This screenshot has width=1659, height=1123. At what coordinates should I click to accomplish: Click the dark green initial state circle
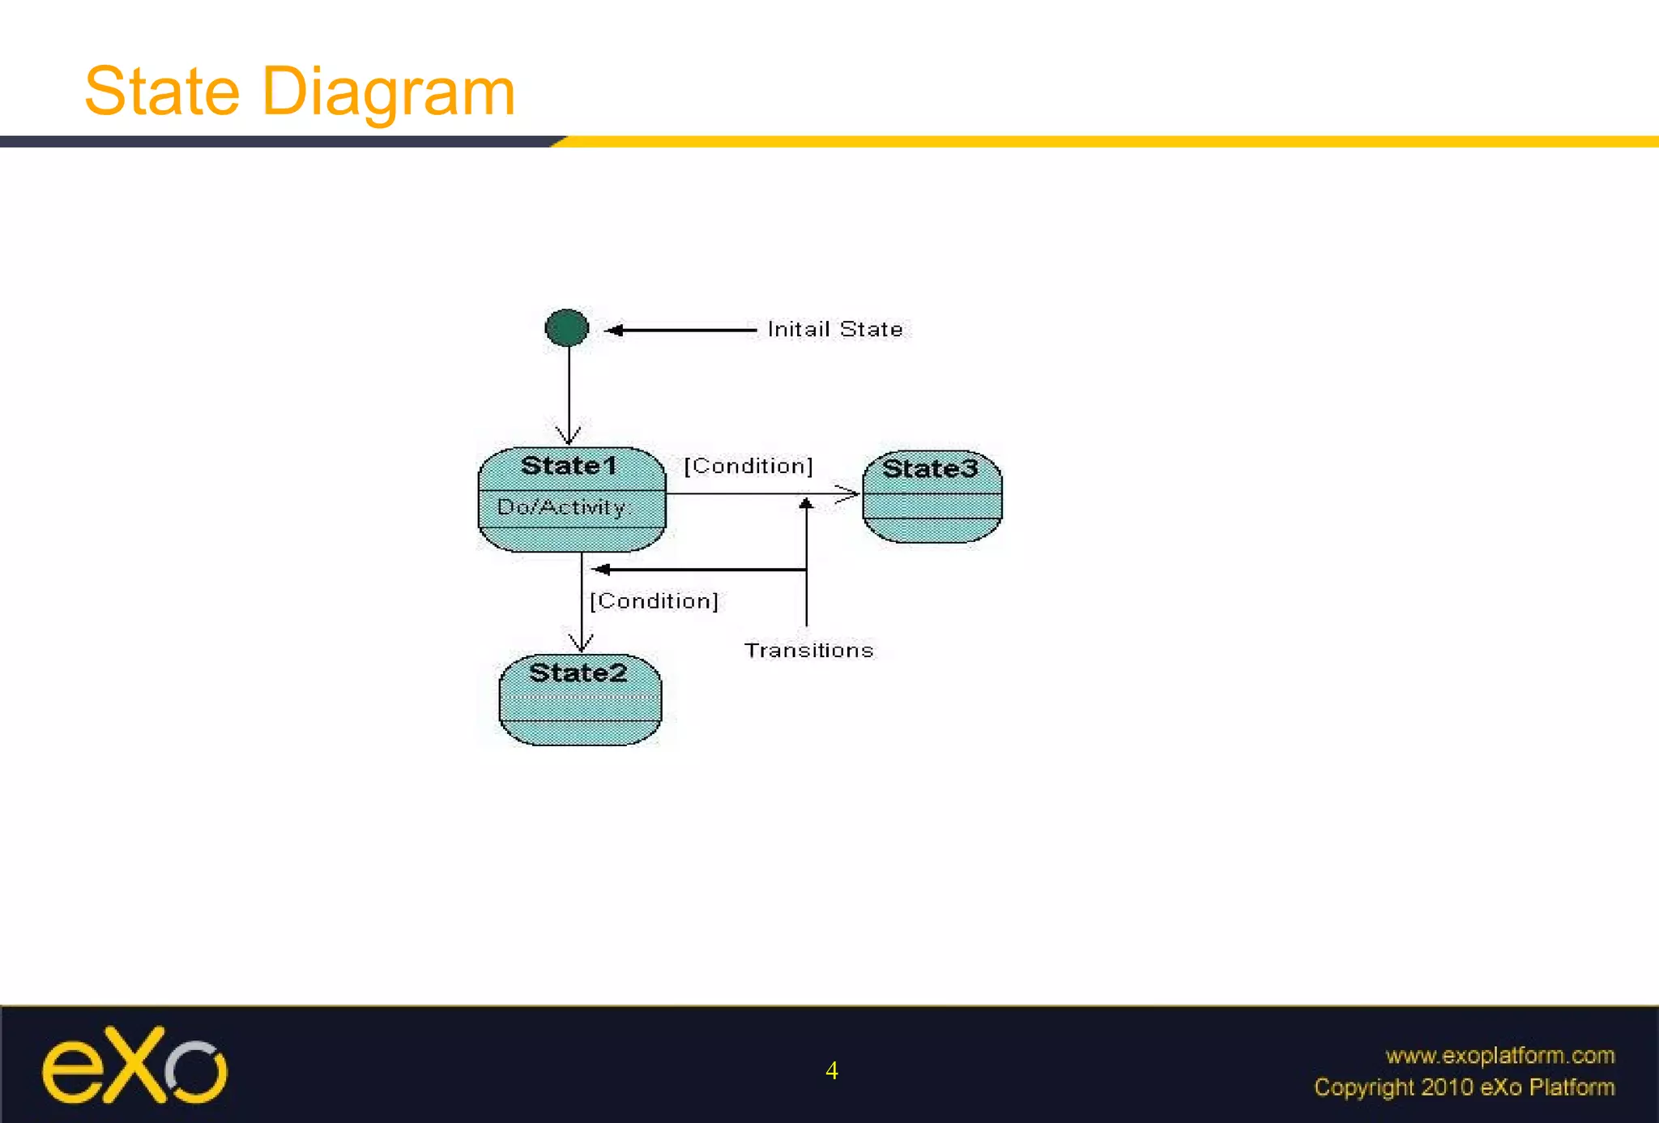pyautogui.click(x=567, y=328)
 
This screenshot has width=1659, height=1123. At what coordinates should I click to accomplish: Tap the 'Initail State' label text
pyautogui.click(x=834, y=329)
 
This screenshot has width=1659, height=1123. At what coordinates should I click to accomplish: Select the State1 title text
pyautogui.click(x=569, y=466)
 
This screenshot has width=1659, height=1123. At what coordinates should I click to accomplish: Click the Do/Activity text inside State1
pyautogui.click(x=561, y=507)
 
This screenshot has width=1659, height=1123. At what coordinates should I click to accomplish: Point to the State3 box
pyautogui.click(x=932, y=497)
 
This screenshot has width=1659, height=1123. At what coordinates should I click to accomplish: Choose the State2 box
pyautogui.click(x=580, y=700)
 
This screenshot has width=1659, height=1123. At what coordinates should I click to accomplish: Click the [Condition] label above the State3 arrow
pyautogui.click(x=748, y=466)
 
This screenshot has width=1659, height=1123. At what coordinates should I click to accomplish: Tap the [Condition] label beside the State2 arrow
pyautogui.click(x=654, y=601)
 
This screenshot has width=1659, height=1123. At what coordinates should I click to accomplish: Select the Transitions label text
pyautogui.click(x=808, y=651)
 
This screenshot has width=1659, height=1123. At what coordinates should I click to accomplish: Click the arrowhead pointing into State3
pyautogui.click(x=849, y=493)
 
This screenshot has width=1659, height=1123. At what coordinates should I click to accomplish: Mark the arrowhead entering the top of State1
pyautogui.click(x=569, y=435)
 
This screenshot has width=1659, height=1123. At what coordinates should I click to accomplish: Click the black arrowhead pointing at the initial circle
pyautogui.click(x=614, y=330)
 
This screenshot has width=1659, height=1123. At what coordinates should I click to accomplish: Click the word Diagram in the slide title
pyautogui.click(x=388, y=92)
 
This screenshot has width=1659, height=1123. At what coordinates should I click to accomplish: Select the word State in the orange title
pyautogui.click(x=162, y=92)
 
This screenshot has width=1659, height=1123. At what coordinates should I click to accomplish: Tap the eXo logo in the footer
pyautogui.click(x=134, y=1065)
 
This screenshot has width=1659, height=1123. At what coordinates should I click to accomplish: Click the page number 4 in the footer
pyautogui.click(x=831, y=1071)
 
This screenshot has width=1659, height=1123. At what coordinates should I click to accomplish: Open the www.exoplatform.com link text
pyautogui.click(x=1499, y=1055)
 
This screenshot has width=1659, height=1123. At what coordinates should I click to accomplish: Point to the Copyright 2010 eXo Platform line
pyautogui.click(x=1464, y=1087)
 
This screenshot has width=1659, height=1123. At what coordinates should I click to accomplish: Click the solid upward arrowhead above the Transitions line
pyautogui.click(x=806, y=503)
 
